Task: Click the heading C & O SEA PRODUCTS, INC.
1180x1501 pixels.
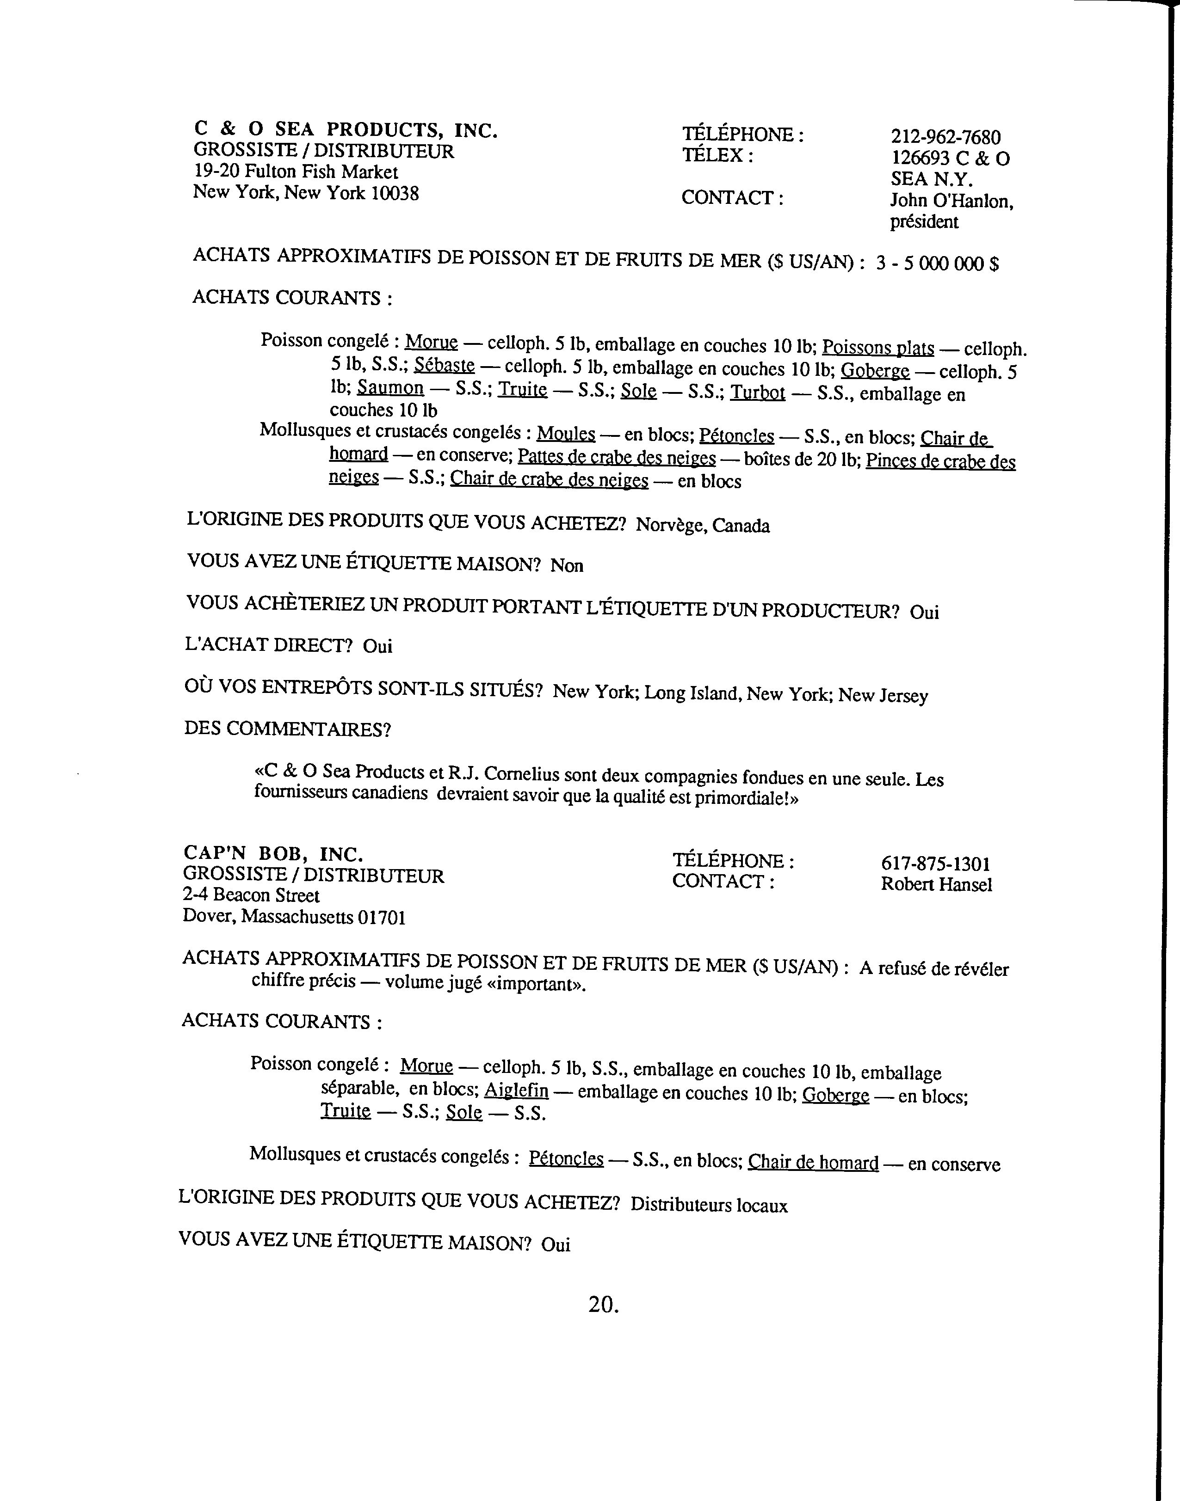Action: click(x=346, y=130)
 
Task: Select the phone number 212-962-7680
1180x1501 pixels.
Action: click(x=945, y=137)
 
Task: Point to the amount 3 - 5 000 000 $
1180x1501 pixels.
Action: click(x=937, y=264)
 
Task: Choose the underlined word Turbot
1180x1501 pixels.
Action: click(x=758, y=393)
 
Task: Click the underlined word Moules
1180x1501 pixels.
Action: click(x=566, y=434)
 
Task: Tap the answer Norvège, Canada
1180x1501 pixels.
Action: click(x=702, y=526)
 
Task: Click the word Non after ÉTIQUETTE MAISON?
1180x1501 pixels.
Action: click(x=567, y=566)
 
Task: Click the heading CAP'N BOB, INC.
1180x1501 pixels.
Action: click(x=273, y=854)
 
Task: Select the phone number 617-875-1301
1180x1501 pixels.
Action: click(x=935, y=864)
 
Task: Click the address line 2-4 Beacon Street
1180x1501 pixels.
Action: click(x=251, y=896)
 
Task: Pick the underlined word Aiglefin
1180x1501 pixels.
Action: click(x=516, y=1091)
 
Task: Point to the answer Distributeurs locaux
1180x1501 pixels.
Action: click(x=709, y=1206)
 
